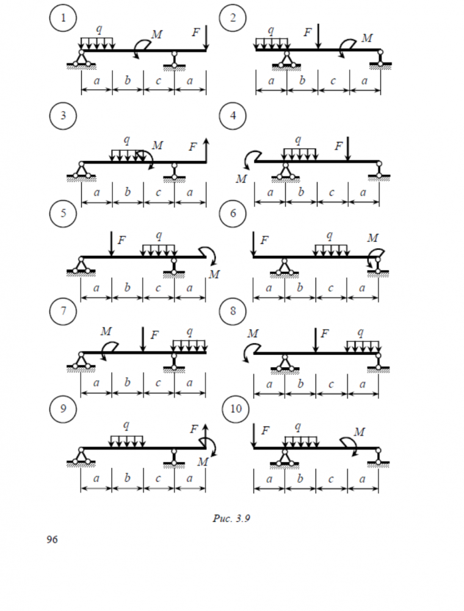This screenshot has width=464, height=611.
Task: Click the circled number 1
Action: point(62,19)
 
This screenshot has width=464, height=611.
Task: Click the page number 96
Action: point(52,540)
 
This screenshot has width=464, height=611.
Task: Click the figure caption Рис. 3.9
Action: point(232,519)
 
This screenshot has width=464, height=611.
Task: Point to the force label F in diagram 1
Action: point(196,32)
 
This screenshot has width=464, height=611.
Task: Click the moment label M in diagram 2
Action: point(367,38)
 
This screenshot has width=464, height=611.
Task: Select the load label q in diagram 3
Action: point(126,140)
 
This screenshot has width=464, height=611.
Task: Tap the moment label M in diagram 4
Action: point(241,178)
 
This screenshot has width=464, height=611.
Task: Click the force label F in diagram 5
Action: point(121,240)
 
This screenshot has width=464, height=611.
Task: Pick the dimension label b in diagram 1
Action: point(128,80)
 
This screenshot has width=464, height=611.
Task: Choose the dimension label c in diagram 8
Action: point(332,384)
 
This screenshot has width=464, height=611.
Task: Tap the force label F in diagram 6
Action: point(264,240)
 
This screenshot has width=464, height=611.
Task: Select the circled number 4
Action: point(233,116)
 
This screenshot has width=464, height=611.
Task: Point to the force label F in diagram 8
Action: point(325,334)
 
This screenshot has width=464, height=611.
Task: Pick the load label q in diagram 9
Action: point(126,424)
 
